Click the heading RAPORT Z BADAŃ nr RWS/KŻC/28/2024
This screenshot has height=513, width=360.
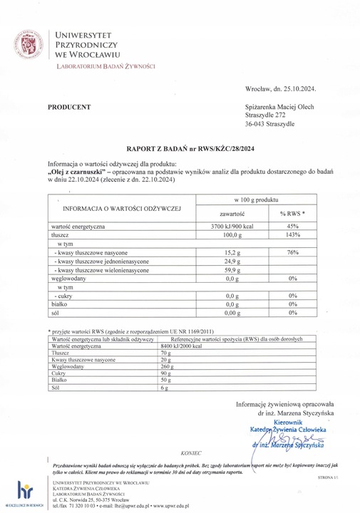pos(180,151)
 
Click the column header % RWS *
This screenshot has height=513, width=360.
pos(292,214)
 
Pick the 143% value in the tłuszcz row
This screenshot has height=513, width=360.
pos(292,234)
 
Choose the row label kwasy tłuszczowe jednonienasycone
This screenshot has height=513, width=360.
pos(101,262)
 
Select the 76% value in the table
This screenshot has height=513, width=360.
pos(292,253)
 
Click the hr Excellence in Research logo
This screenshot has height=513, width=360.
pos(24,493)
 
